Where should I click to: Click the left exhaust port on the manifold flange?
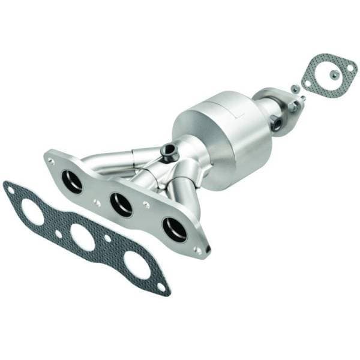71,182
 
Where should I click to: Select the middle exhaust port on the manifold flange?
122,205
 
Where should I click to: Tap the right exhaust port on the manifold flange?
174,229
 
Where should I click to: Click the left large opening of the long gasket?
32,211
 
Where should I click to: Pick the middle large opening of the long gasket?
82,237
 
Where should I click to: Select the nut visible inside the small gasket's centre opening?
334,74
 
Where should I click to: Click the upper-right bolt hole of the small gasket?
350,68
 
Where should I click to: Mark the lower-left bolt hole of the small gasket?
308,83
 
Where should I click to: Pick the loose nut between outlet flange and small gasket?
295,88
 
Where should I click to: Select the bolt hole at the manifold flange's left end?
52,161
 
